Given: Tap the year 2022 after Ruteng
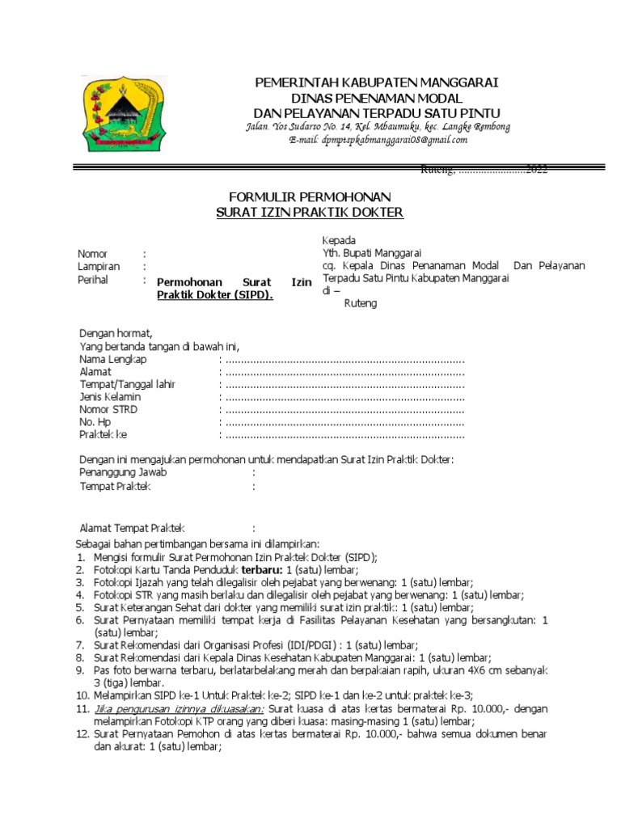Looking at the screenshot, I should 537,170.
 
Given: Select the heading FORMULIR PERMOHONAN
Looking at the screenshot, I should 310,197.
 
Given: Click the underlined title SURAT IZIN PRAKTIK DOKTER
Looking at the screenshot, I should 310,212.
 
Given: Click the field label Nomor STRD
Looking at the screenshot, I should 108,410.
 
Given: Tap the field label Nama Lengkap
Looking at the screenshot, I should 112,358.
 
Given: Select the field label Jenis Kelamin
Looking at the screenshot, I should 110,397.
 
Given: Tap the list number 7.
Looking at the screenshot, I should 81,645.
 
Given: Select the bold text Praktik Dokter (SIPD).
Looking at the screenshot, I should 215,296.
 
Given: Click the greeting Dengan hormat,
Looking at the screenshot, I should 116,333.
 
